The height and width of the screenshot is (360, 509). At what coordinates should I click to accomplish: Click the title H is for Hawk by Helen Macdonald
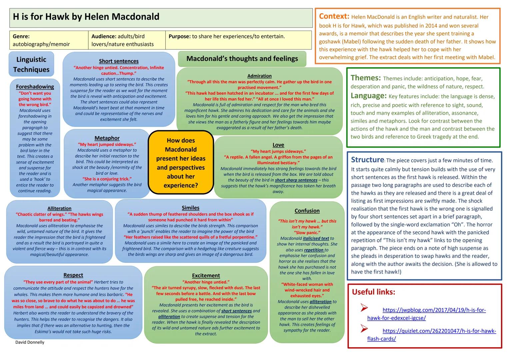point(86,17)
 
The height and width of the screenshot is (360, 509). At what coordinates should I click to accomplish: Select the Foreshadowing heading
point(35,87)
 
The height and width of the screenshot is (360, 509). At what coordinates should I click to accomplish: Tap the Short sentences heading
point(119,61)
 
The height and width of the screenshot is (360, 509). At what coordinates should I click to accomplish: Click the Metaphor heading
point(107,138)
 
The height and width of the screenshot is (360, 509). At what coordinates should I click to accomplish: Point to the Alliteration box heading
point(59,208)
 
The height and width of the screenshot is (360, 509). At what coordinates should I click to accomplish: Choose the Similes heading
point(190,208)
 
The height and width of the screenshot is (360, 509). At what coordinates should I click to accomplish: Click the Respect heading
point(73,275)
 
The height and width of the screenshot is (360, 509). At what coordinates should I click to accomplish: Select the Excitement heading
point(206,275)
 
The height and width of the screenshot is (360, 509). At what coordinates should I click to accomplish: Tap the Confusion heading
point(307,211)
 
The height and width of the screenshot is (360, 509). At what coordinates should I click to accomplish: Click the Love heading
point(278,145)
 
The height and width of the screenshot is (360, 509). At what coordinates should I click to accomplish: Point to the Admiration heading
point(259,76)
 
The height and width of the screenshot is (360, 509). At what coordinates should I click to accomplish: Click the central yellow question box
point(181,163)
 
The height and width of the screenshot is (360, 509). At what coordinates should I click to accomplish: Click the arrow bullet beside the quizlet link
point(364,329)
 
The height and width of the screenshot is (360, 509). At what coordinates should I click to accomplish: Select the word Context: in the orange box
point(334,16)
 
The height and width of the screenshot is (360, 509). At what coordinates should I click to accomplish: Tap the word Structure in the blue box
point(367,160)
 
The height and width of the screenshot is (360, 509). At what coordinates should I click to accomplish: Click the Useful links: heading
point(373,292)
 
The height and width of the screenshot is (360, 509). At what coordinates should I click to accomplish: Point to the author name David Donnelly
point(30,342)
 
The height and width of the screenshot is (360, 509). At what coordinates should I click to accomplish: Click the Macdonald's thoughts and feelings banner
point(242,59)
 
